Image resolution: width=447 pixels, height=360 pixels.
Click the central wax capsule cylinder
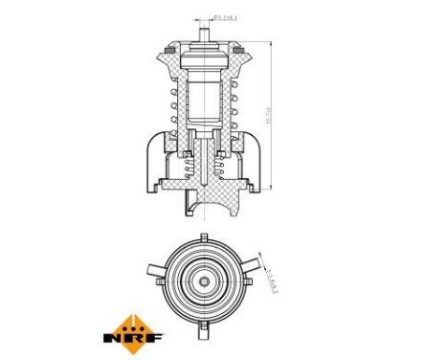[203, 96]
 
